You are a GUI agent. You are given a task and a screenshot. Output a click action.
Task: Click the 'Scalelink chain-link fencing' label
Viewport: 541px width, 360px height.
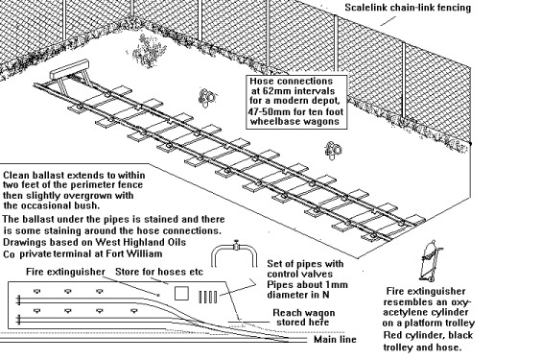click(408, 8)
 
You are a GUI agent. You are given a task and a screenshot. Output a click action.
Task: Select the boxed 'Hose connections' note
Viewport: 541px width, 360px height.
click(296, 102)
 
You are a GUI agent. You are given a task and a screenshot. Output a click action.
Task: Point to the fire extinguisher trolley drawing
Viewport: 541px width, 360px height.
click(431, 261)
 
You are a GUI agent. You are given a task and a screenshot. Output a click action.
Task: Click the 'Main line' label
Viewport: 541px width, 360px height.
click(335, 340)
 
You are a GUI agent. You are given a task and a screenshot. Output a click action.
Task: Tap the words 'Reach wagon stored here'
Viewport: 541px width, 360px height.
click(303, 318)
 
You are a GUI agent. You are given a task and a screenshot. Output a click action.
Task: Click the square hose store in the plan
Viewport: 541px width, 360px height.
click(181, 294)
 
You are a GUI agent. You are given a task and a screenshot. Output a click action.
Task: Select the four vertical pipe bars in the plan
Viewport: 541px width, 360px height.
click(208, 297)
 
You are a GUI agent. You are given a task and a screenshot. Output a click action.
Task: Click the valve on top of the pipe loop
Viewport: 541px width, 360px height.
click(236, 245)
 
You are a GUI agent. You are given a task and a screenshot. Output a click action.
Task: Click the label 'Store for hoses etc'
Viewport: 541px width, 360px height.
click(159, 272)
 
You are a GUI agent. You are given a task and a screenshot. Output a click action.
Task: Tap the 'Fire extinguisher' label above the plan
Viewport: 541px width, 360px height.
click(65, 272)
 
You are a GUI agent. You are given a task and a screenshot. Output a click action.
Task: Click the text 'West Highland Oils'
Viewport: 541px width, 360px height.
click(140, 242)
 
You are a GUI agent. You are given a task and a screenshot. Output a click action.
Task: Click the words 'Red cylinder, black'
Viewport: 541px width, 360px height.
click(428, 335)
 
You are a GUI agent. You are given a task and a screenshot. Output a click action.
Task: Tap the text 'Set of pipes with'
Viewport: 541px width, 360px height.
click(305, 264)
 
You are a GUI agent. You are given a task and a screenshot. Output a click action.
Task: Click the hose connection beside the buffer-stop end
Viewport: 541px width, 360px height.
click(207, 98)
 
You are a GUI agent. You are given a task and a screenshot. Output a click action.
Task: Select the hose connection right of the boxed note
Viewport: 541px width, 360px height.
click(333, 151)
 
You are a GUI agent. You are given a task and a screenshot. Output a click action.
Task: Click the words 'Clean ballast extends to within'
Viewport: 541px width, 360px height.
click(74, 176)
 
